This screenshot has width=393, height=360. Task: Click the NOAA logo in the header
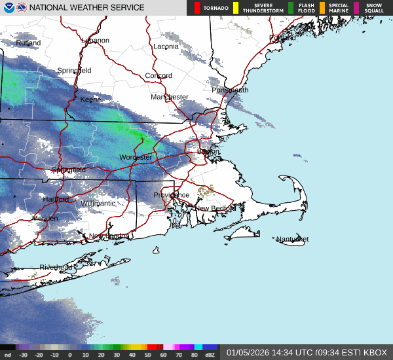coord(8,7)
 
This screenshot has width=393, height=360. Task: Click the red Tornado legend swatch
coord(198,8)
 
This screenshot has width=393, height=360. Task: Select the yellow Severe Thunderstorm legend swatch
coord(236,8)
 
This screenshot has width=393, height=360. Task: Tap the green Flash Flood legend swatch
coord(291,8)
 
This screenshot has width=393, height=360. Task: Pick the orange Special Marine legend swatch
coord(322,8)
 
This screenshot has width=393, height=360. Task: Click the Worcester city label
coord(136,158)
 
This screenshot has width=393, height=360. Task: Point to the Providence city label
coord(172,195)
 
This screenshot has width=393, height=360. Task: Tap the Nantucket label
coord(291,240)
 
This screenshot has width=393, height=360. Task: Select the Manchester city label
coord(170,97)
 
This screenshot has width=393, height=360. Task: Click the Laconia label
coord(166,46)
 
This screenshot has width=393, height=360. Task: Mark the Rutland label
coord(28,43)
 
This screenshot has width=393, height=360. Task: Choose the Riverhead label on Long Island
coord(56,268)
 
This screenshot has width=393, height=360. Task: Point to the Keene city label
coord(90,99)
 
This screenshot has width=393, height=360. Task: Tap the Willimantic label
coord(98,204)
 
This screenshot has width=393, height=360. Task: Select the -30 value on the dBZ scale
coord(23,355)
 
